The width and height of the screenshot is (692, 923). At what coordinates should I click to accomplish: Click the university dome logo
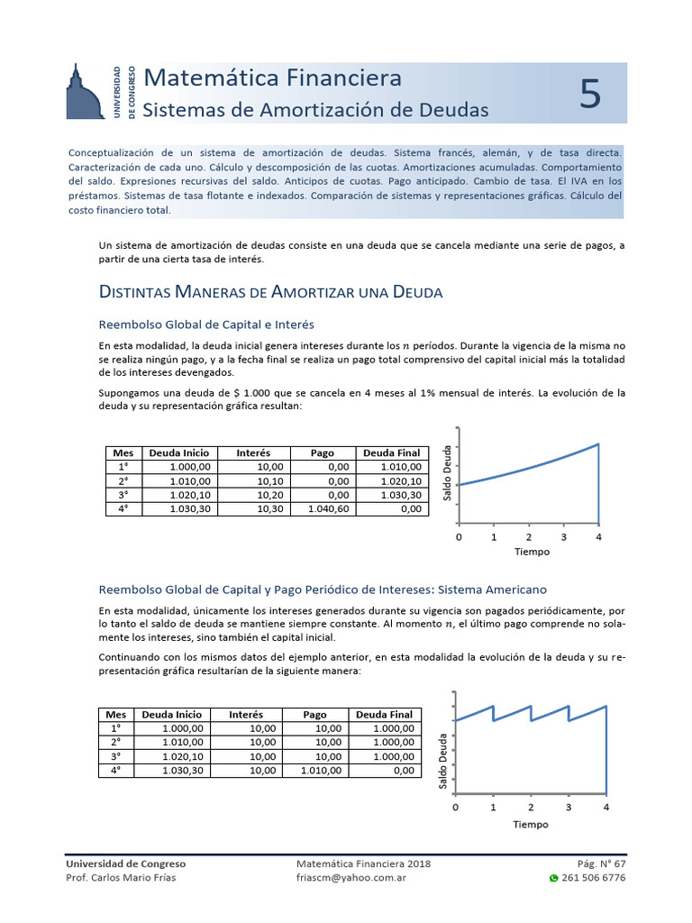pyautogui.click(x=85, y=92)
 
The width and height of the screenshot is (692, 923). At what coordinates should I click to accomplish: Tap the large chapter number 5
pyautogui.click(x=589, y=94)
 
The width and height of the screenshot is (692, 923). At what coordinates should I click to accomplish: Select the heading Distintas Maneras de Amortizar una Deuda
pyautogui.click(x=269, y=292)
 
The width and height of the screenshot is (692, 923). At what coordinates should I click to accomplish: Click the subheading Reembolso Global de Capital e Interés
pyautogui.click(x=205, y=324)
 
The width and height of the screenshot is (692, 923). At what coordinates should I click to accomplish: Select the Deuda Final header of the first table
pyautogui.click(x=392, y=452)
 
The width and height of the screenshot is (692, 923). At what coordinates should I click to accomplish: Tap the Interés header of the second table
pyautogui.click(x=246, y=714)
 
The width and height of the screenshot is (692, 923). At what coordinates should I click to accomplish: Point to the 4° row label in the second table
pyautogui.click(x=115, y=771)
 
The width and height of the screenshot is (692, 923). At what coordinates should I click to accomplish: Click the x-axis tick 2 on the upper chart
pyautogui.click(x=529, y=537)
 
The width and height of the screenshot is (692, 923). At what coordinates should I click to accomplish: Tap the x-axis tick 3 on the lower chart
pyautogui.click(x=569, y=808)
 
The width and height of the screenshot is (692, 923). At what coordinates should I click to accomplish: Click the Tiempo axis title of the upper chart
pyautogui.click(x=532, y=552)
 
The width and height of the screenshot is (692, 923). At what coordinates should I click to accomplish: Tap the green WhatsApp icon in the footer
pyautogui.click(x=553, y=878)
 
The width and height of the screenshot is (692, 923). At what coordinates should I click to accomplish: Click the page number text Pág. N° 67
pyautogui.click(x=600, y=864)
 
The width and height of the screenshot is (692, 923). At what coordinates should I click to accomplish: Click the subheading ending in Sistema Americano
pyautogui.click(x=322, y=589)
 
